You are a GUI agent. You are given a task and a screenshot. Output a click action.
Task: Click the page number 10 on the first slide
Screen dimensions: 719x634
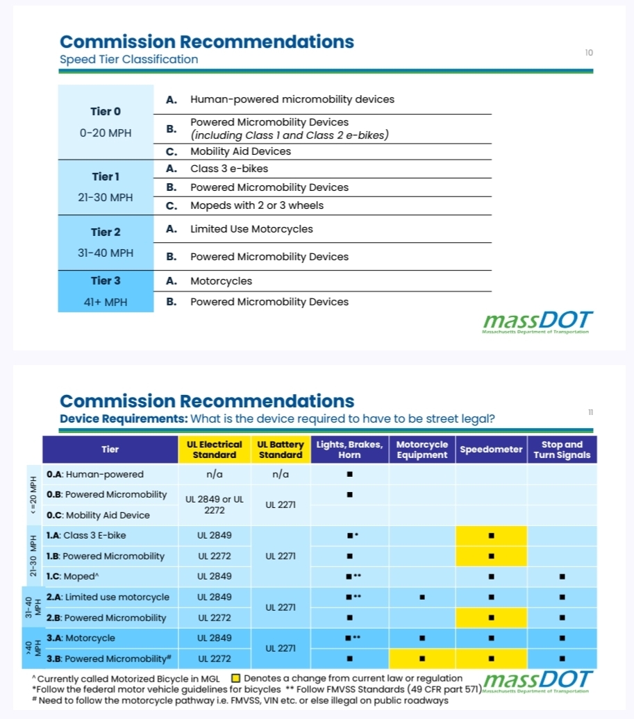click(589, 53)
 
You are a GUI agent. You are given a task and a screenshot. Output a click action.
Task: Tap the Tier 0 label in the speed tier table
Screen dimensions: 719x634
click(106, 111)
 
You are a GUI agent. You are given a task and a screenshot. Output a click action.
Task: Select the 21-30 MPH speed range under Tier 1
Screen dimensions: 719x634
click(106, 198)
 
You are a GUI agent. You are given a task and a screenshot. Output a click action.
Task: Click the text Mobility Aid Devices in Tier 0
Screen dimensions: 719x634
click(240, 151)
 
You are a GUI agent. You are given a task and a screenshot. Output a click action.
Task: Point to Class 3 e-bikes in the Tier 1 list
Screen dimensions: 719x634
click(229, 169)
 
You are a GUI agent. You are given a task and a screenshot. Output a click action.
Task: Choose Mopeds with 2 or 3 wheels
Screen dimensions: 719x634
click(257, 205)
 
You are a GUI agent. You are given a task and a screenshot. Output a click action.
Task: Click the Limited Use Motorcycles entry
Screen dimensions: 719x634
click(251, 229)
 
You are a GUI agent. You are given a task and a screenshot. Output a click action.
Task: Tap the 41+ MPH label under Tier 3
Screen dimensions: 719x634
click(106, 302)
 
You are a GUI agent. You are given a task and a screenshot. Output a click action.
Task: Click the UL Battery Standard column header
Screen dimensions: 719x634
click(281, 450)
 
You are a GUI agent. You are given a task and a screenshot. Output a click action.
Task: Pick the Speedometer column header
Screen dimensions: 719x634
click(491, 450)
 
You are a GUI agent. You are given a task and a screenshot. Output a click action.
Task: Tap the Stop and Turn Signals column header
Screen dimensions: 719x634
click(562, 450)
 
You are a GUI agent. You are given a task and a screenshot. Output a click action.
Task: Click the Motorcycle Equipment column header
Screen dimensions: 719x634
click(422, 450)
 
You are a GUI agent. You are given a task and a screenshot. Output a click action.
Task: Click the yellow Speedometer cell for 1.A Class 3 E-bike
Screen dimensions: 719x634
click(491, 536)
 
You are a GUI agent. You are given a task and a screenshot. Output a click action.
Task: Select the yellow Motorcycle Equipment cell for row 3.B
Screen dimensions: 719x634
click(422, 659)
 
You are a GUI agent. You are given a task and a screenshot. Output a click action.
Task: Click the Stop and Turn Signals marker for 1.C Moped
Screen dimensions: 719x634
click(562, 576)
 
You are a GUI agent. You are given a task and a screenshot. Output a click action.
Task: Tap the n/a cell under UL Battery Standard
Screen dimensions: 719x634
click(281, 475)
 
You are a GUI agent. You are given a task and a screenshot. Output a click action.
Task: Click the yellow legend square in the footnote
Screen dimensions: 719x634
click(235, 678)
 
